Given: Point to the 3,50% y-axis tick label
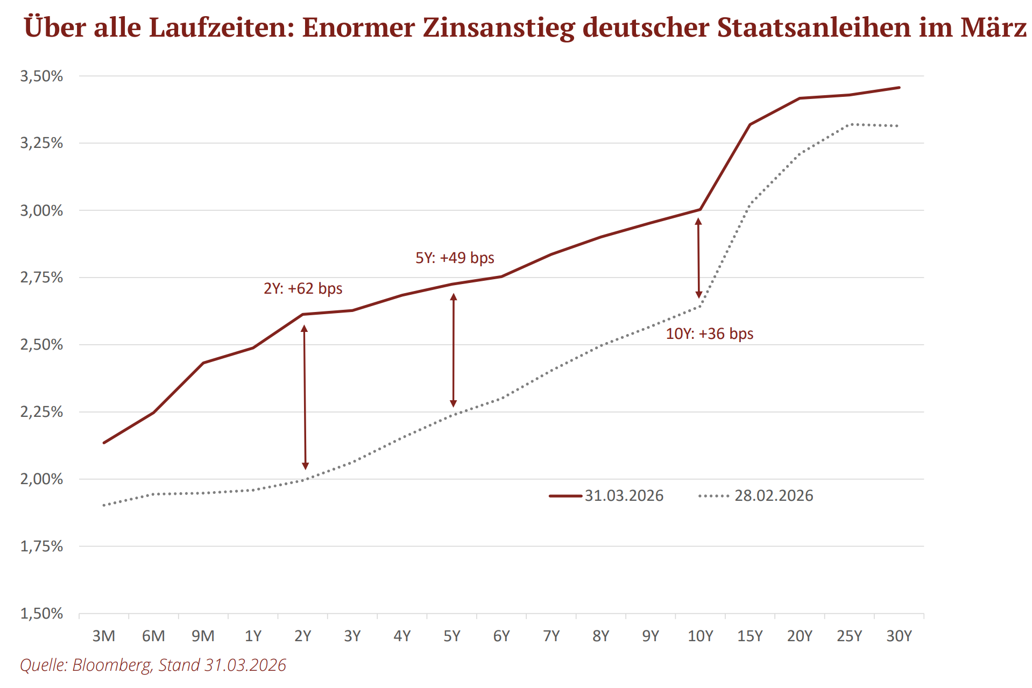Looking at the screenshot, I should (x=41, y=76).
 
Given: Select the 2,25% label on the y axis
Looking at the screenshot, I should (x=41, y=412).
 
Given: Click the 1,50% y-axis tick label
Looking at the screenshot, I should (x=41, y=613).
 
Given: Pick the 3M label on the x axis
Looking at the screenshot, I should (x=104, y=636).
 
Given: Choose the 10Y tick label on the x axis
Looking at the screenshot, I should (x=700, y=636).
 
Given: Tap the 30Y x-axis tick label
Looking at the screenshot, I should (x=899, y=636).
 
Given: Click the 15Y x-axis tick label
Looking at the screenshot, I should (x=750, y=636).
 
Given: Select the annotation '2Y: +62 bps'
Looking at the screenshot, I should (x=303, y=288).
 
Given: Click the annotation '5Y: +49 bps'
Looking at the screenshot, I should (x=455, y=258).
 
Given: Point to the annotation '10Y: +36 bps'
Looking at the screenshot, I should (x=709, y=334).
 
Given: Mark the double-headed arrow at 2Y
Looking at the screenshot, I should (x=305, y=397).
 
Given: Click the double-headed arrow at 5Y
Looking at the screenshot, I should (x=454, y=350).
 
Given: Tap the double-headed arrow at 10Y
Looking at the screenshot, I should (x=698, y=258).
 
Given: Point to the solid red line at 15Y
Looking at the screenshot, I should (x=750, y=125).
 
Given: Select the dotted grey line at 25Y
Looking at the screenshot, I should (x=850, y=125).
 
